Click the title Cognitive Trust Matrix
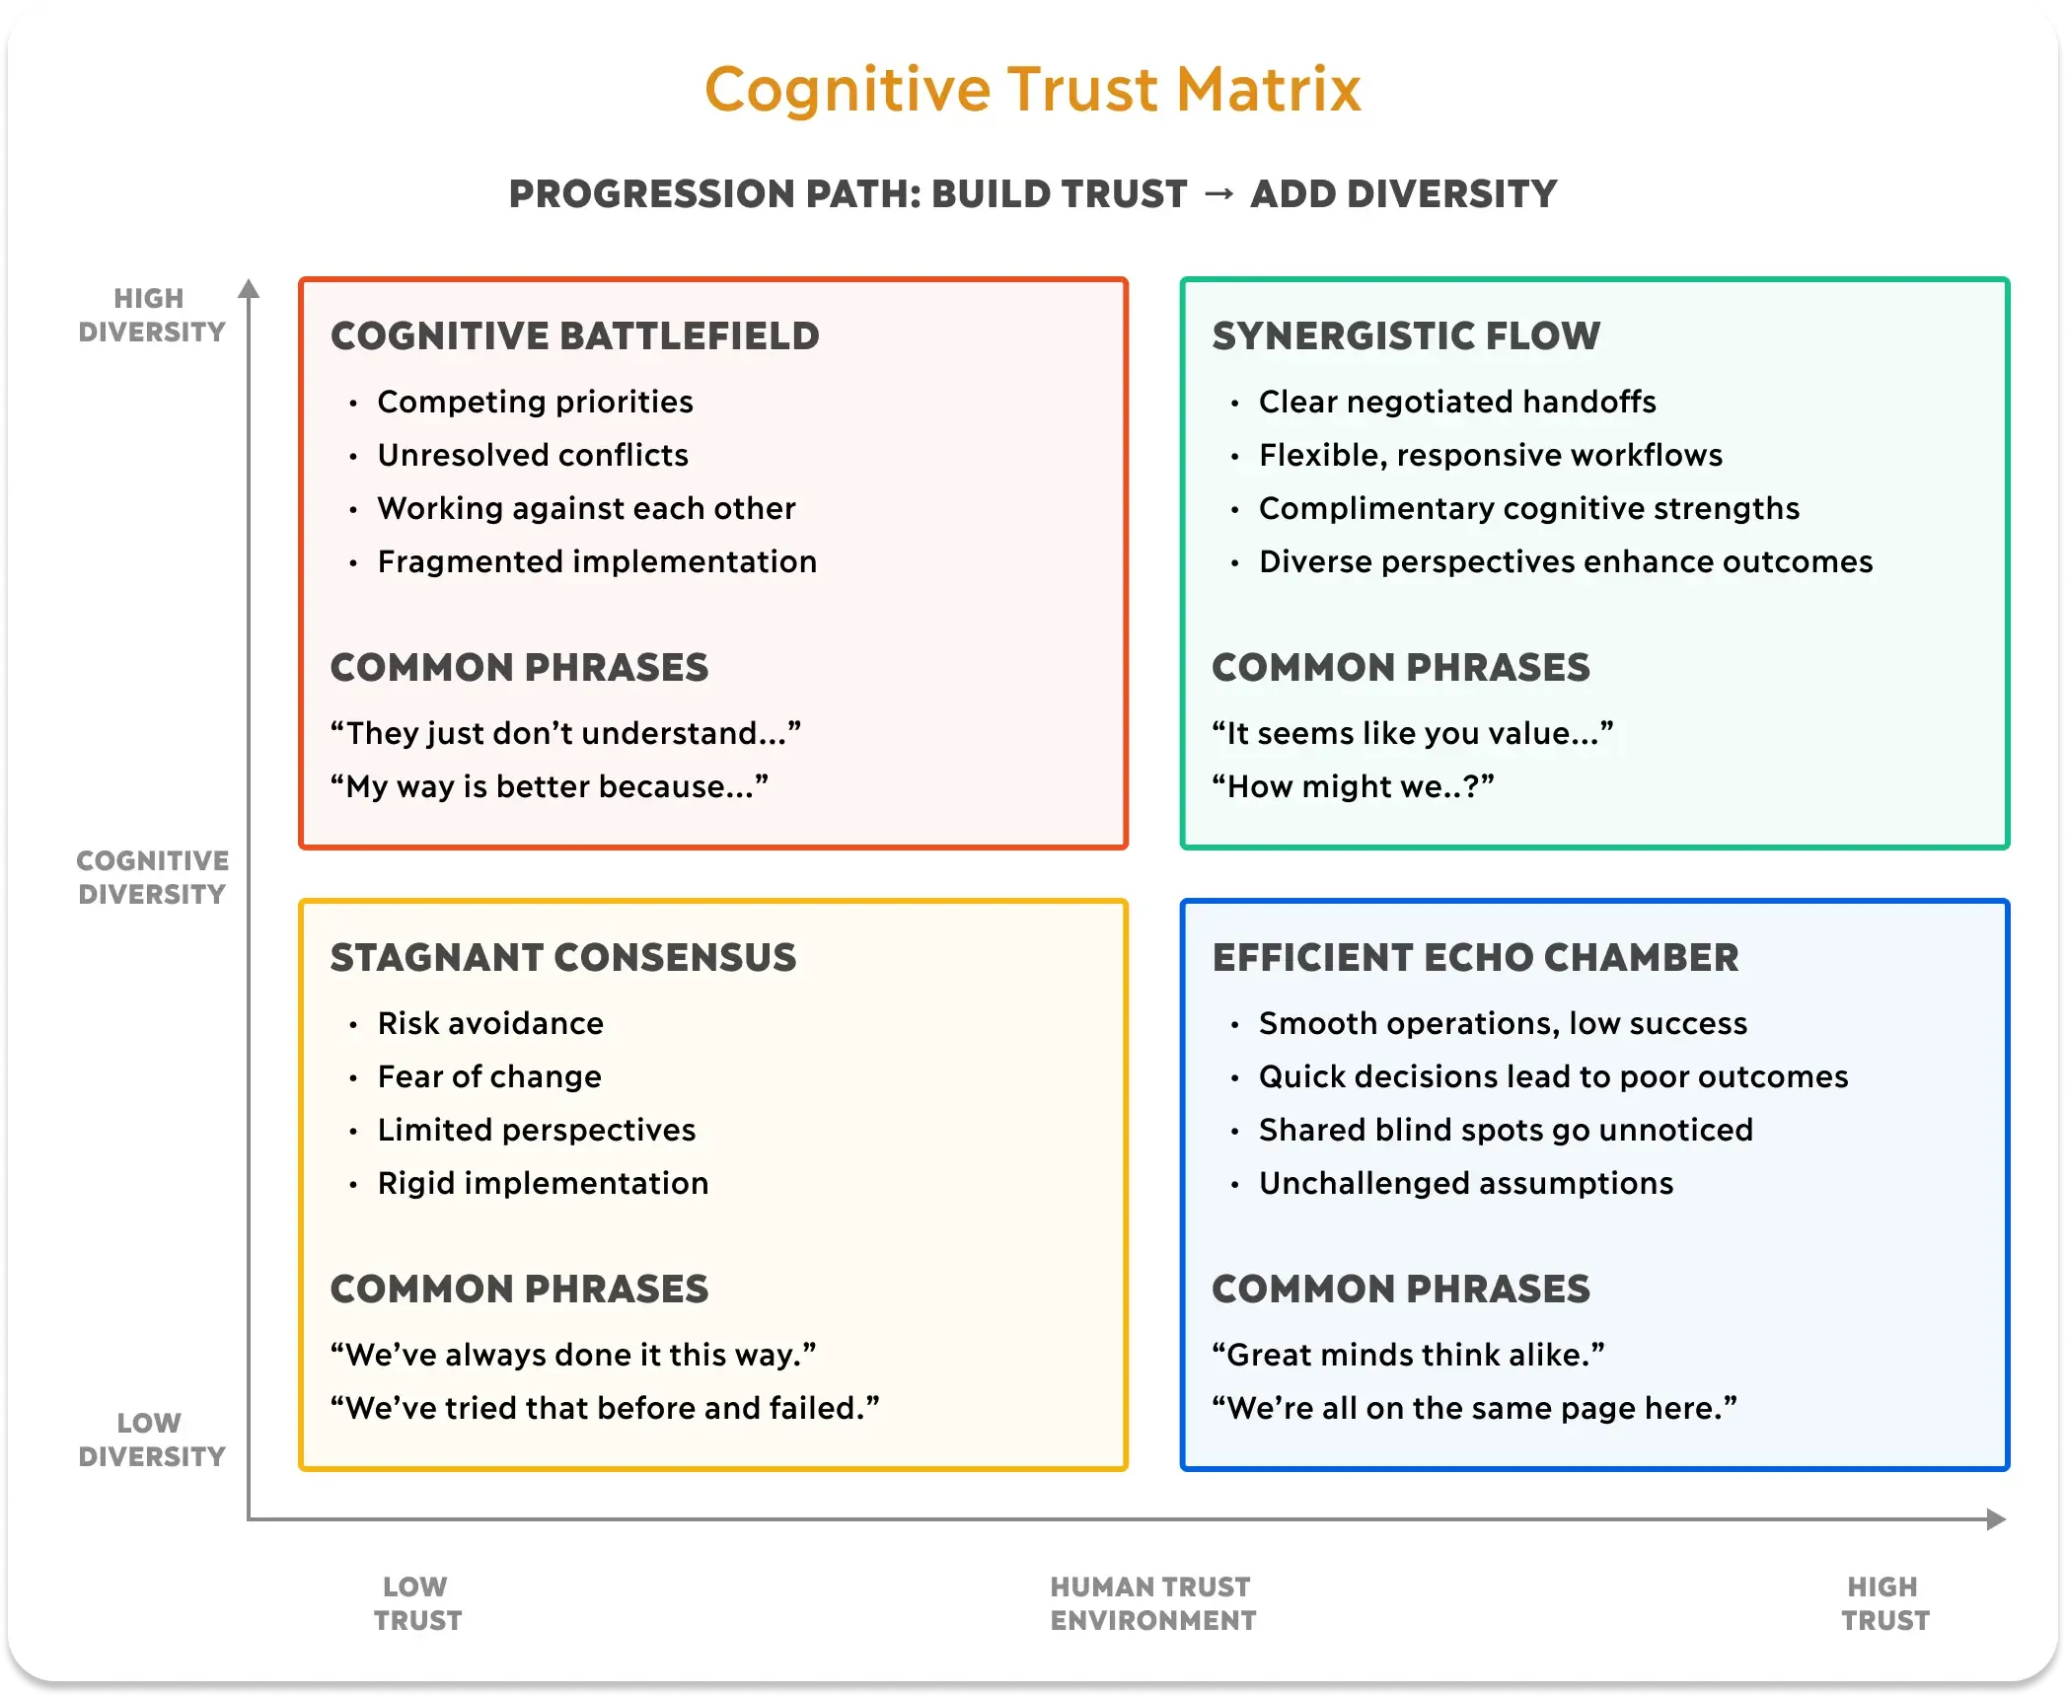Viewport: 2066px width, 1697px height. pyautogui.click(x=1032, y=90)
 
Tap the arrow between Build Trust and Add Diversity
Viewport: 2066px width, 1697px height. pyautogui.click(x=1218, y=193)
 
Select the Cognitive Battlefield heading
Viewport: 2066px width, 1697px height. pyautogui.click(x=574, y=336)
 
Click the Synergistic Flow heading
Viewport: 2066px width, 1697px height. pyautogui.click(x=1405, y=336)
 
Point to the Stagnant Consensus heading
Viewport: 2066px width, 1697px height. pyautogui.click(x=562, y=958)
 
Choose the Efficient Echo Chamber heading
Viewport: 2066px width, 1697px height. pyautogui.click(x=1475, y=958)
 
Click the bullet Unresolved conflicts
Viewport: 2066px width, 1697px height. pyautogui.click(x=533, y=455)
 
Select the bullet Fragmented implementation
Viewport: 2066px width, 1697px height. pyautogui.click(x=597, y=561)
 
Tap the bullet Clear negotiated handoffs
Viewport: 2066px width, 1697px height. pyautogui.click(x=1456, y=402)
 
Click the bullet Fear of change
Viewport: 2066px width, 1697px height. pyautogui.click(x=489, y=1076)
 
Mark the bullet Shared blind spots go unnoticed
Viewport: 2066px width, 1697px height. pyautogui.click(x=1506, y=1130)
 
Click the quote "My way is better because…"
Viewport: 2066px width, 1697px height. pyautogui.click(x=549, y=786)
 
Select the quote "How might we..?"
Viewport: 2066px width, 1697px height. pyautogui.click(x=1353, y=786)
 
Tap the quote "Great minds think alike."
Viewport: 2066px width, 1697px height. pyautogui.click(x=1408, y=1355)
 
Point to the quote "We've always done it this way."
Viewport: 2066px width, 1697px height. pyautogui.click(x=573, y=1355)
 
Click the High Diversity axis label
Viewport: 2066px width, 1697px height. pyautogui.click(x=151, y=315)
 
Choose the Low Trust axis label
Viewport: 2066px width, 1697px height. pyautogui.click(x=417, y=1603)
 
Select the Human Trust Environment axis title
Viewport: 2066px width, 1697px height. pyautogui.click(x=1152, y=1603)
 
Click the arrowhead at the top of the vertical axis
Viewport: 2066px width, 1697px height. pyautogui.click(x=249, y=288)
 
